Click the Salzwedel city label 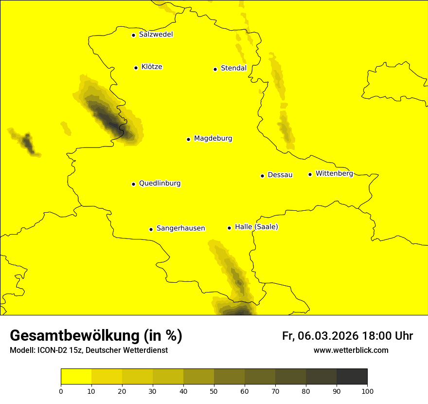tap(156, 35)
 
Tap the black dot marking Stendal tap(215, 69)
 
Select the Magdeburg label tap(213, 139)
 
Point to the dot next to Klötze tap(136, 68)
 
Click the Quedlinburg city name tap(160, 184)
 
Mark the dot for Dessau tap(262, 176)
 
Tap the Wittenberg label tap(334, 173)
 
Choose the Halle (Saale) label tap(256, 227)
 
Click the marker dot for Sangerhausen tap(151, 229)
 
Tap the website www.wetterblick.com tap(351, 350)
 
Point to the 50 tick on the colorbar tap(214, 390)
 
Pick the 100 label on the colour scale tap(367, 390)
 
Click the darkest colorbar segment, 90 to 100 tap(352, 377)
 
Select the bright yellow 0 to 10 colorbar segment tap(76, 377)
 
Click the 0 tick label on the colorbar tap(61, 390)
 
